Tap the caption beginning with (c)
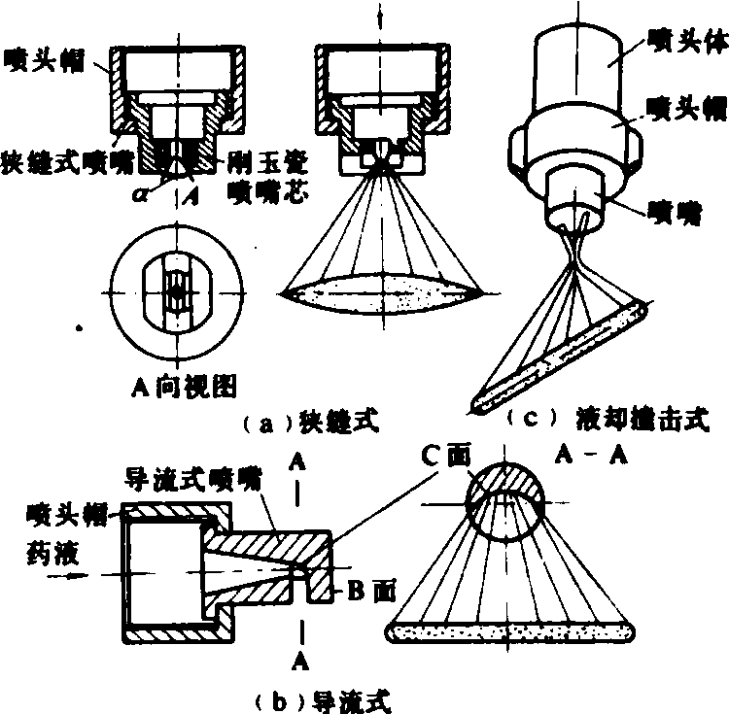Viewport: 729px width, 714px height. pyautogui.click(x=607, y=420)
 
